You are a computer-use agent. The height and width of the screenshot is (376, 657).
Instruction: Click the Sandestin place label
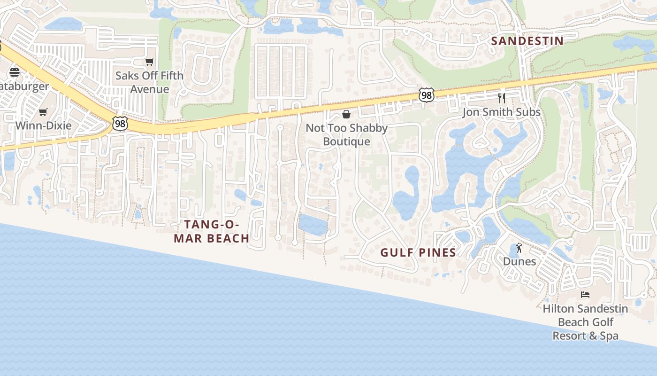(x=527, y=41)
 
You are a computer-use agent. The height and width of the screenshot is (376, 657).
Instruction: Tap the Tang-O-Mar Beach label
(x=212, y=232)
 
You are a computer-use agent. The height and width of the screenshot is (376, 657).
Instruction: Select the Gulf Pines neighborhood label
(x=418, y=252)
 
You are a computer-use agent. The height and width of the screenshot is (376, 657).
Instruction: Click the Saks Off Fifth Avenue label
(x=150, y=82)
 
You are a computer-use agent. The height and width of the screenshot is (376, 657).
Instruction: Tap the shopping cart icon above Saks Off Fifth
(x=150, y=62)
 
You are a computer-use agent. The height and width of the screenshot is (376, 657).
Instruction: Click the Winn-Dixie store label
(x=44, y=125)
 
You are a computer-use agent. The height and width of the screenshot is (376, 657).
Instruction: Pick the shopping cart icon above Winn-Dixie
(x=43, y=112)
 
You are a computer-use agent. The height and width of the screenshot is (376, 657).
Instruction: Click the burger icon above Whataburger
(x=15, y=72)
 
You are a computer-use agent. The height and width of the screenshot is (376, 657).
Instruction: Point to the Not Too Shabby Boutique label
(x=347, y=134)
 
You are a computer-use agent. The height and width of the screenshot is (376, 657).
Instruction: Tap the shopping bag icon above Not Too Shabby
(x=346, y=114)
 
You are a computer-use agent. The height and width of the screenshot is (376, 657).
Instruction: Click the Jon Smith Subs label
(x=502, y=112)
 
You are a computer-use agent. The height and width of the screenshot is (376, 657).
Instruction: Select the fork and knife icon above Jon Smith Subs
(x=502, y=98)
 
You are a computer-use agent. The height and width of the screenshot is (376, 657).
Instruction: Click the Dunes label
(x=519, y=261)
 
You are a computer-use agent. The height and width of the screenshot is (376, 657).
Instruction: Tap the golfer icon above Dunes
(x=519, y=248)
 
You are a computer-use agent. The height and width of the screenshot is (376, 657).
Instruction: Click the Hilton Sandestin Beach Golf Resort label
(x=585, y=322)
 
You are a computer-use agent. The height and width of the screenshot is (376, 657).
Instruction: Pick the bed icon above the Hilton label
(x=585, y=295)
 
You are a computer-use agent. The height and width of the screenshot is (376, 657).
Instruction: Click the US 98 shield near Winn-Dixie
(x=120, y=124)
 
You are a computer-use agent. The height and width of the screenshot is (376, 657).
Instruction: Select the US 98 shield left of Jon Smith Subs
(x=426, y=95)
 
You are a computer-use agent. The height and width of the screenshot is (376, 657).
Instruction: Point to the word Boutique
(x=347, y=141)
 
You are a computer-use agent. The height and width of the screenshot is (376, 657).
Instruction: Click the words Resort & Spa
(x=585, y=336)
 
